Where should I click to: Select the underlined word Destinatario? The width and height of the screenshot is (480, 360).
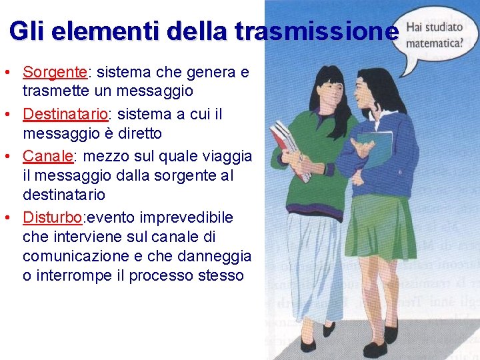(x=65, y=114)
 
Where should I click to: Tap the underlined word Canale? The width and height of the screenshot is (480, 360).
(x=47, y=156)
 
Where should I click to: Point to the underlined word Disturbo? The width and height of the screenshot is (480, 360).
(x=53, y=217)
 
